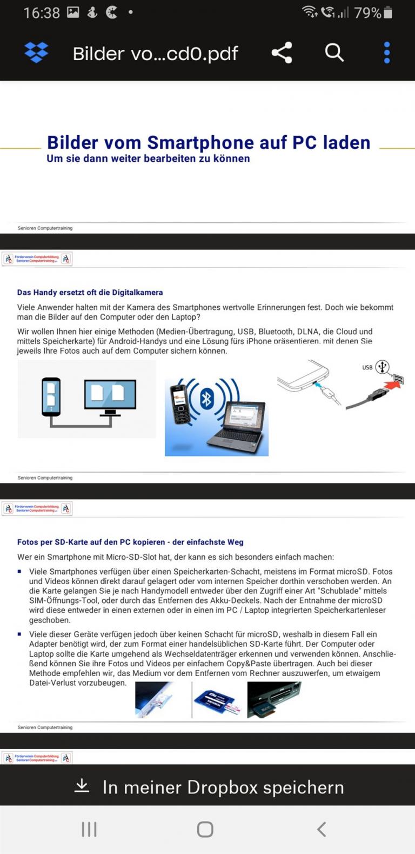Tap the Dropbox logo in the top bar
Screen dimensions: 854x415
tap(36, 52)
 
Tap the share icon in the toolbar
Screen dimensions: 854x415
tap(282, 52)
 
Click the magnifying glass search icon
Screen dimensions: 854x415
tap(334, 52)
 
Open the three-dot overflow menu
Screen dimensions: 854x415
tap(386, 52)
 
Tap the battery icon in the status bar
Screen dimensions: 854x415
tap(387, 12)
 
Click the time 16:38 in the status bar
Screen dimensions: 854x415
tap(41, 12)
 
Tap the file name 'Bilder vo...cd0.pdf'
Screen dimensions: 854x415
tap(155, 54)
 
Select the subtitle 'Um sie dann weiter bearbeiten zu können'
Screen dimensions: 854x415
tap(148, 158)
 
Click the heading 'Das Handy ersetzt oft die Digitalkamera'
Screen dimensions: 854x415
tap(90, 293)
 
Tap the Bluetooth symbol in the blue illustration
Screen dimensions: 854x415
tap(207, 399)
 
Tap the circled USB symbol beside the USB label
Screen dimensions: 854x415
tap(383, 367)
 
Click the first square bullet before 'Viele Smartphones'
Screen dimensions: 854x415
tap(20, 571)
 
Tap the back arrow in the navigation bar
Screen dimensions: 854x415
tap(322, 829)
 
